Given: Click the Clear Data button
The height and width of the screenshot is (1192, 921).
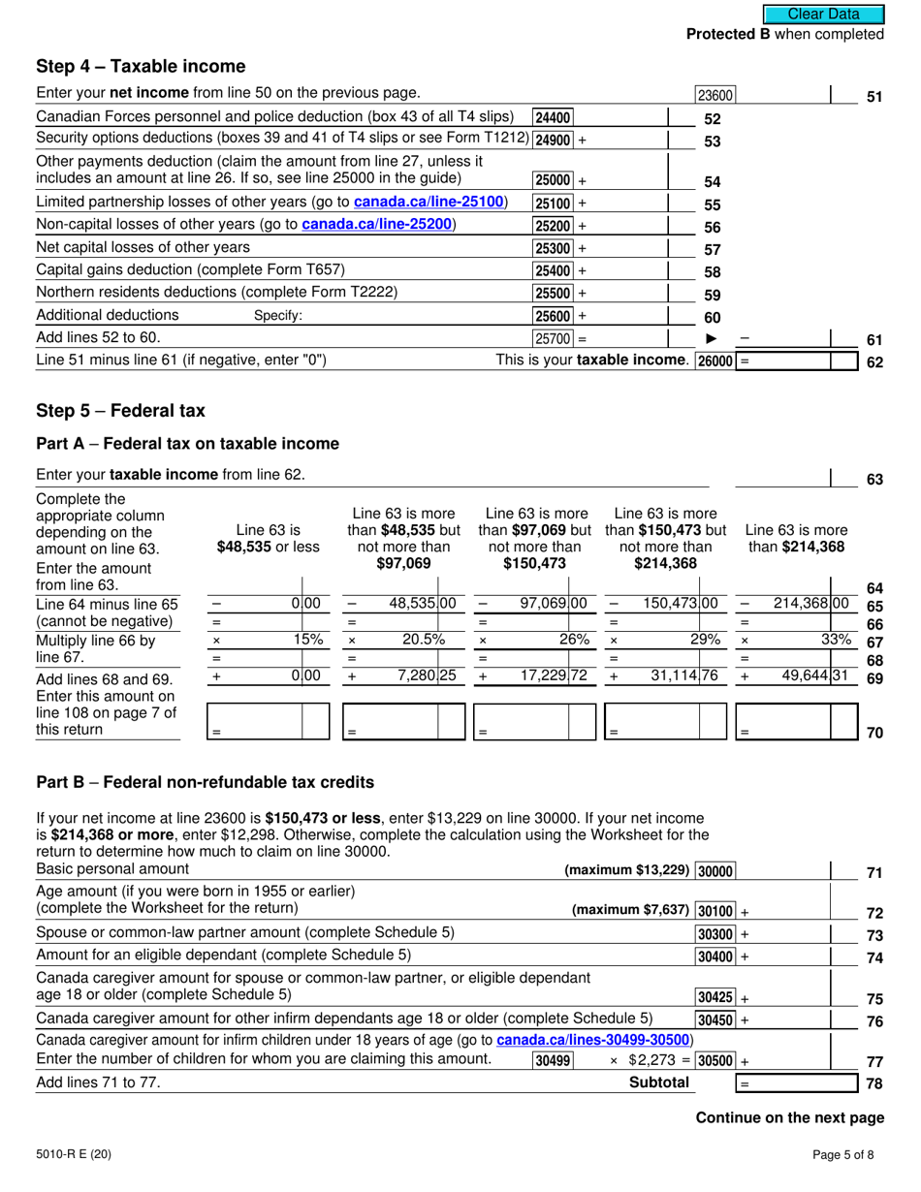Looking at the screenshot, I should click(824, 15).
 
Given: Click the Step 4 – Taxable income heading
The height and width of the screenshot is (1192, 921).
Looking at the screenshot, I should click(141, 67).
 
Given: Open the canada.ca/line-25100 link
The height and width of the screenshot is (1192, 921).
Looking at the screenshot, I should click(430, 203).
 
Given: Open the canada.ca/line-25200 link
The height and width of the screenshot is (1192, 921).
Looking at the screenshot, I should click(378, 225).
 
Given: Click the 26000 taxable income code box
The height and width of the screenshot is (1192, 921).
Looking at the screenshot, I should click(715, 361).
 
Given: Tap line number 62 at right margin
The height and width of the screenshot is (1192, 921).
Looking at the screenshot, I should click(874, 363).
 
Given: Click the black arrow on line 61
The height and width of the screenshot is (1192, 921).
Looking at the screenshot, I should click(713, 339).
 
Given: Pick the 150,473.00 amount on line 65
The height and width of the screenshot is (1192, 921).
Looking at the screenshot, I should click(681, 603).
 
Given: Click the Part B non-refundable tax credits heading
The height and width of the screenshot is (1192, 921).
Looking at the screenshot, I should click(205, 782).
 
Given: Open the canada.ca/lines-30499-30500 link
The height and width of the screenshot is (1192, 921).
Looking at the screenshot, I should click(594, 1040).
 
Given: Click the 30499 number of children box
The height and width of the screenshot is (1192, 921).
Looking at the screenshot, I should click(552, 1061).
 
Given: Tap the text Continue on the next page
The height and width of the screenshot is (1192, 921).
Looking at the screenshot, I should click(790, 1117).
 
